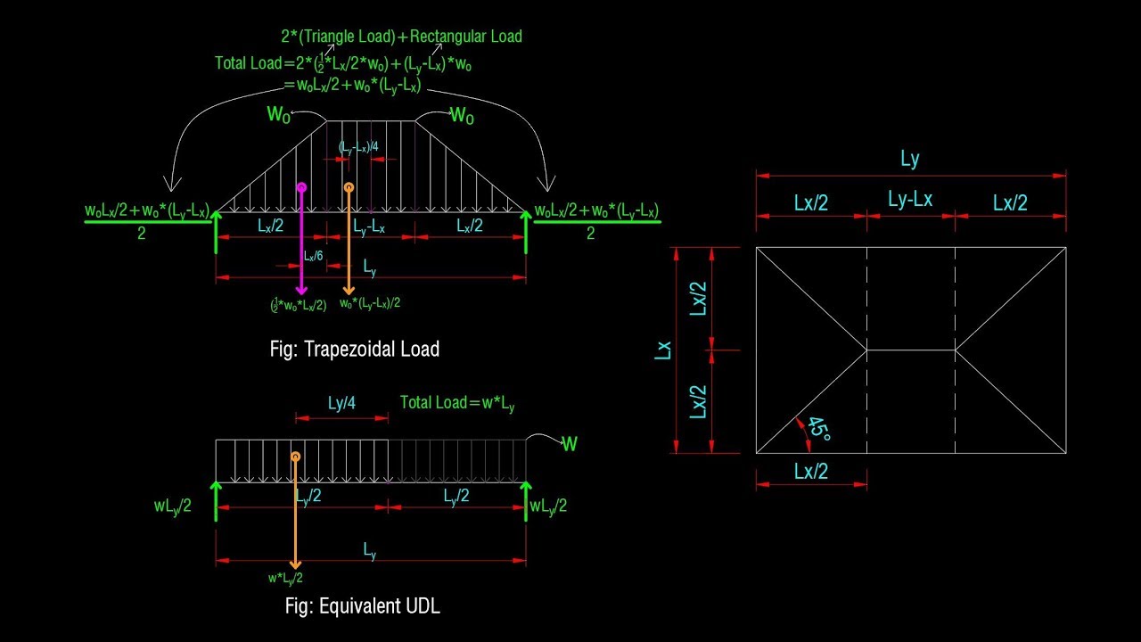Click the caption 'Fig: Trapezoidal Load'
[x=355, y=349]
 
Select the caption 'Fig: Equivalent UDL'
[x=362, y=606]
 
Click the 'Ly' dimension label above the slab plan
[x=909, y=160]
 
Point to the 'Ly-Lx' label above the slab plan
[x=910, y=200]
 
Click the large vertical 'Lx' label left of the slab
[x=662, y=350]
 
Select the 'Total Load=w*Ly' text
[x=457, y=402]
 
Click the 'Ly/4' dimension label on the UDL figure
[x=341, y=403]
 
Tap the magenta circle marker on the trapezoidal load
[x=301, y=188]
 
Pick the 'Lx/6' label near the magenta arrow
[x=313, y=256]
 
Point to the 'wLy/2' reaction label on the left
[x=172, y=506]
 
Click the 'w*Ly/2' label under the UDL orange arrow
[x=285, y=578]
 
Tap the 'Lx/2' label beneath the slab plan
[x=811, y=471]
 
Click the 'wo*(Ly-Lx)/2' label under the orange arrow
[x=370, y=303]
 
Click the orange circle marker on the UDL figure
[x=295, y=456]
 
